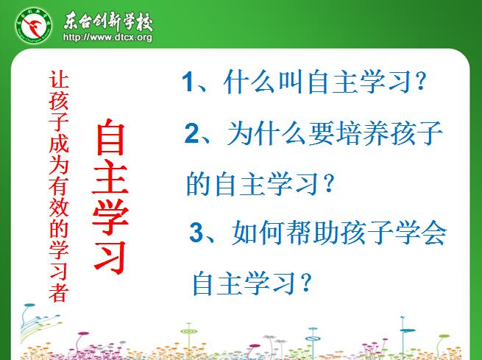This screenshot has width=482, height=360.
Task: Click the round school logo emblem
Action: click(x=34, y=26)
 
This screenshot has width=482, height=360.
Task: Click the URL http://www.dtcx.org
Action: click(x=107, y=38)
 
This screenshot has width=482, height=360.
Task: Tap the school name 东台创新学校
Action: click(x=108, y=21)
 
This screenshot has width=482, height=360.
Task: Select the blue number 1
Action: click(x=187, y=82)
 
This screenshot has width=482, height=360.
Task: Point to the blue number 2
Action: click(x=192, y=133)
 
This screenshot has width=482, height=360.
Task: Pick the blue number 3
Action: click(x=196, y=232)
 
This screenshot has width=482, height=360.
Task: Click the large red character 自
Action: click(x=110, y=137)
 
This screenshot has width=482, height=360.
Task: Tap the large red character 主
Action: click(x=110, y=178)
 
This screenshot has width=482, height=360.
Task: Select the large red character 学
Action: click(x=110, y=216)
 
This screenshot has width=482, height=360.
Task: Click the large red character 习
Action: click(x=110, y=258)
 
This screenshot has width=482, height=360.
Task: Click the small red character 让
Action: click(x=58, y=80)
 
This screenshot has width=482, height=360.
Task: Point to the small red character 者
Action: click(x=58, y=292)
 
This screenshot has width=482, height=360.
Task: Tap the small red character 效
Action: click(x=58, y=207)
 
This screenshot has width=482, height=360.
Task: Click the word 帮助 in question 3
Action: click(x=313, y=233)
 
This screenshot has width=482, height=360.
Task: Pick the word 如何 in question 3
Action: click(x=258, y=233)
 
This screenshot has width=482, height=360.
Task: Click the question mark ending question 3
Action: click(x=306, y=283)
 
